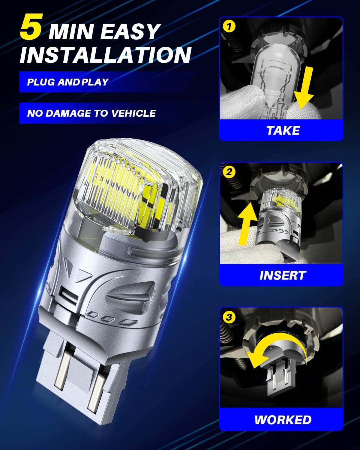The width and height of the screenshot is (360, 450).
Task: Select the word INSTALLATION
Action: [x=106, y=55]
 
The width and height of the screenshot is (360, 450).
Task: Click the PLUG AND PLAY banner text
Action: [x=68, y=82]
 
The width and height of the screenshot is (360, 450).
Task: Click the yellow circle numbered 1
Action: [x=229, y=26]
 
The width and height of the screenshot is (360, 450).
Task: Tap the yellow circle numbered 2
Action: [x=229, y=172]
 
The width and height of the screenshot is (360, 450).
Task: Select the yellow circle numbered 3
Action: [x=229, y=317]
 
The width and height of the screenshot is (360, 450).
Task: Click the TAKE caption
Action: [x=283, y=130]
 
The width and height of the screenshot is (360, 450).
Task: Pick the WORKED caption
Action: [x=283, y=420]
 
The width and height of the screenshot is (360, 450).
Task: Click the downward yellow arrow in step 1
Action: [x=304, y=88]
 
